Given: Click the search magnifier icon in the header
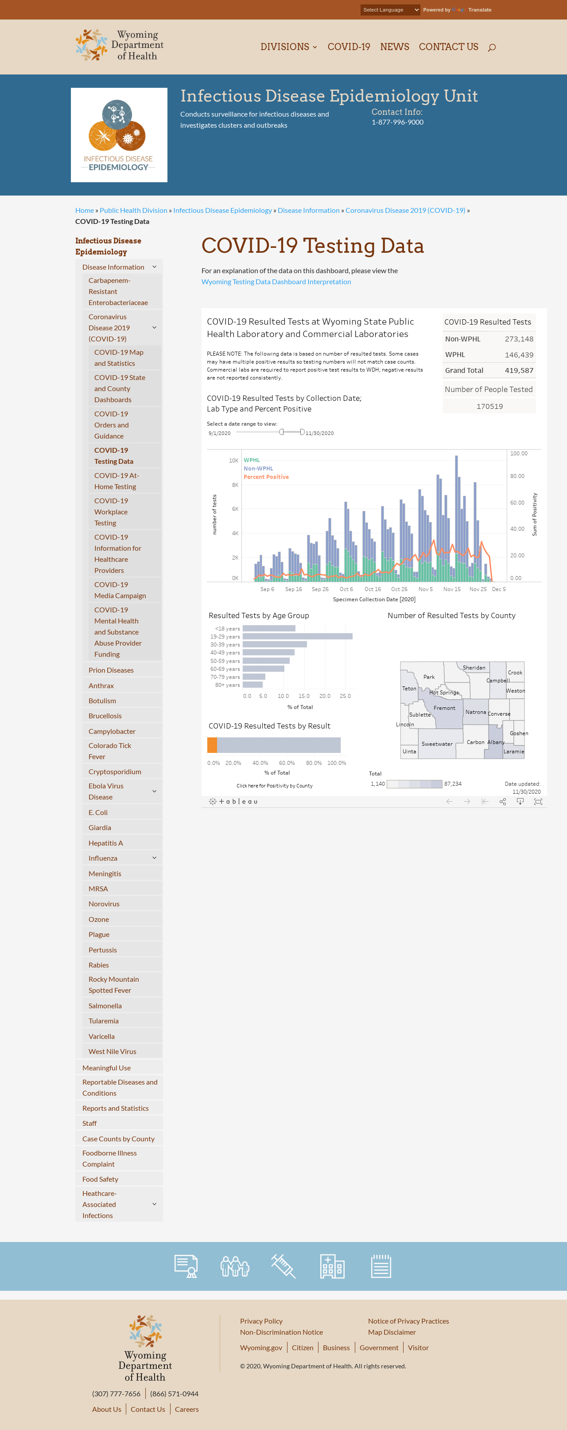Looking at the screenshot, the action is pyautogui.click(x=492, y=47).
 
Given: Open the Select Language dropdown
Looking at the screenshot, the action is pyautogui.click(x=390, y=10).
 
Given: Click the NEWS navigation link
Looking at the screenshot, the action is pyautogui.click(x=394, y=47).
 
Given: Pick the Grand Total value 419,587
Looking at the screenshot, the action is pyautogui.click(x=519, y=370).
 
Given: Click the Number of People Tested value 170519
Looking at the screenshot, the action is pyautogui.click(x=489, y=406).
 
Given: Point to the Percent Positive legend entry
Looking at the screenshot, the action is pyautogui.click(x=266, y=477).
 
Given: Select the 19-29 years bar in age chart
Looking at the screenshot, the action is pyautogui.click(x=297, y=637).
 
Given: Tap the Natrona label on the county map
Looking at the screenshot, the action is pyautogui.click(x=475, y=712).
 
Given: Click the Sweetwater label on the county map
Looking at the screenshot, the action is pyautogui.click(x=437, y=744).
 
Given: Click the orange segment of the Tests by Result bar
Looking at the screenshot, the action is pyautogui.click(x=212, y=745).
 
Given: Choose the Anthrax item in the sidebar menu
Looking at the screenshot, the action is pyautogui.click(x=101, y=686).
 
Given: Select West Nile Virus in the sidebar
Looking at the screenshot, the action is pyautogui.click(x=112, y=1051).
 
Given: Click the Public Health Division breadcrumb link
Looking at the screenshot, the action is pyautogui.click(x=133, y=210).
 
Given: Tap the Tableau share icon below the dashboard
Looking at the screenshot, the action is pyautogui.click(x=503, y=802).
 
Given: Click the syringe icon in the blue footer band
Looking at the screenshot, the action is pyautogui.click(x=283, y=1266).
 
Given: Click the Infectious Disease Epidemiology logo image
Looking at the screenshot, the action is pyautogui.click(x=119, y=135).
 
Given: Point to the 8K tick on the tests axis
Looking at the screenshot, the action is pyautogui.click(x=235, y=485).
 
